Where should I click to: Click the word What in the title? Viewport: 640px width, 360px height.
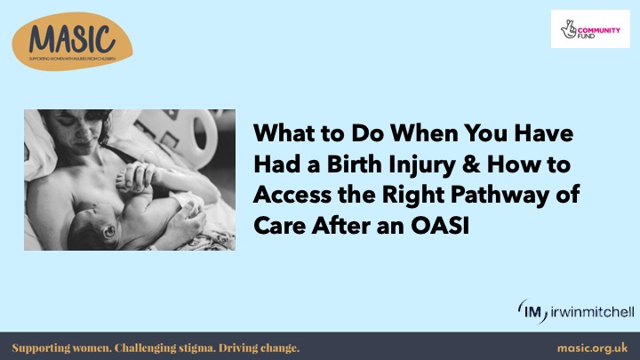[x=282, y=135]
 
